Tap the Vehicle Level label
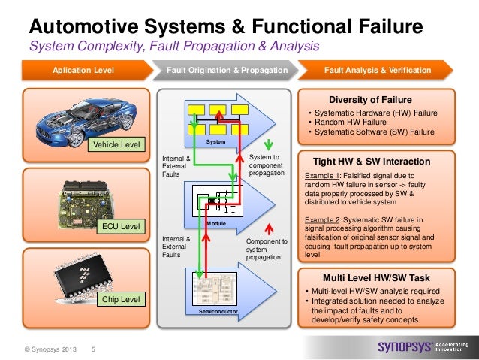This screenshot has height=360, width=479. (115, 144)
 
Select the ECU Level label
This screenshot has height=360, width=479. (120, 225)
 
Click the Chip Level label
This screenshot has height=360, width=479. (120, 300)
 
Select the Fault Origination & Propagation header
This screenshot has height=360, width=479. (227, 71)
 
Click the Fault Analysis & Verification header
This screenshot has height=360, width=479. (378, 71)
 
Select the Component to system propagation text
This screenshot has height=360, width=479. (267, 250)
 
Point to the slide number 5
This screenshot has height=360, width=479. (93, 349)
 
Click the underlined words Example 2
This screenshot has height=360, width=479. (321, 220)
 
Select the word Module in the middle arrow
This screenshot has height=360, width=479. (216, 224)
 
